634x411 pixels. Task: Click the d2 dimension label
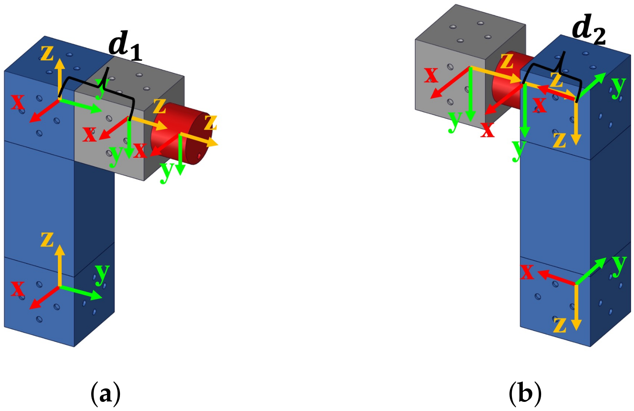tap(589, 30)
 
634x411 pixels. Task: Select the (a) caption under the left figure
tap(105, 393)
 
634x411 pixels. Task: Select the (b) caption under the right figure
tap(525, 393)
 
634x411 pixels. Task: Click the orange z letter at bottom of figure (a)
tap(47, 240)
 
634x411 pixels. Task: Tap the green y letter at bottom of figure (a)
tap(102, 273)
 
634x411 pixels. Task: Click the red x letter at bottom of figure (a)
tap(17, 289)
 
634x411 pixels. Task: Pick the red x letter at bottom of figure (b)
tap(527, 272)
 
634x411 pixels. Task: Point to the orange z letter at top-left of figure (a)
tap(47, 53)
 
